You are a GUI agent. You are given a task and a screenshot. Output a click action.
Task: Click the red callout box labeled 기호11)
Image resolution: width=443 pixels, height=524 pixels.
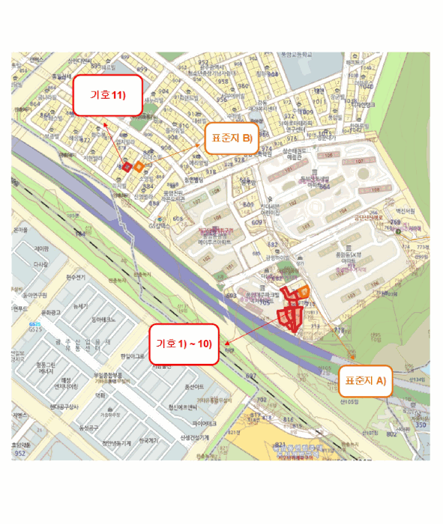pyautogui.click(x=106, y=95)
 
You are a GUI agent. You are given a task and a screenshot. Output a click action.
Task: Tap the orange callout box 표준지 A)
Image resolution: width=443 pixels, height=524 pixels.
pyautogui.click(x=365, y=380)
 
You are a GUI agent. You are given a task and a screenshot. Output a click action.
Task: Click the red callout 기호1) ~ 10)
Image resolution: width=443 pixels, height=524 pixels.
pyautogui.click(x=184, y=344)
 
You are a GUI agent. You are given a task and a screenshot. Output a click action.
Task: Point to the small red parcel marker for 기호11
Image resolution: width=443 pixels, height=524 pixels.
pyautogui.click(x=127, y=166)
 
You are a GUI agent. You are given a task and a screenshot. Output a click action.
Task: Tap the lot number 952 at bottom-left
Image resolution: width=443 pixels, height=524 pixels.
pyautogui.click(x=20, y=454)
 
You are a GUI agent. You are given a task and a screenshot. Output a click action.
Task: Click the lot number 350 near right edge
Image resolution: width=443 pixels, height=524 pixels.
pyautogui.click(x=421, y=424)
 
